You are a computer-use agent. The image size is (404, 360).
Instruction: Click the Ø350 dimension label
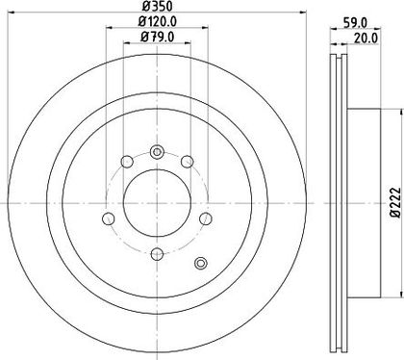(x=157, y=6)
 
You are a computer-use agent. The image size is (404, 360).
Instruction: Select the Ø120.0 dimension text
(x=158, y=22)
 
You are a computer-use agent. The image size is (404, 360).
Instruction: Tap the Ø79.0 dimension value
(x=158, y=38)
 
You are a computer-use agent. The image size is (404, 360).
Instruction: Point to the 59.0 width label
(x=355, y=22)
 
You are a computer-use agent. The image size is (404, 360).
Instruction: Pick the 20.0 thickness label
(x=366, y=38)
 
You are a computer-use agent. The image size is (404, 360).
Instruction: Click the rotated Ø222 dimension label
(x=396, y=203)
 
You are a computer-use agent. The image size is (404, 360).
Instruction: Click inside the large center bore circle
(x=157, y=203)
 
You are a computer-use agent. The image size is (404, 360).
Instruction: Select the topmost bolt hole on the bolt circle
(x=157, y=152)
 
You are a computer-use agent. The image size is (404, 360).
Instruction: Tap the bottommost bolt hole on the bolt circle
(x=157, y=255)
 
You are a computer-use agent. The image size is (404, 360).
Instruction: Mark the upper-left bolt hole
(x=127, y=162)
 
